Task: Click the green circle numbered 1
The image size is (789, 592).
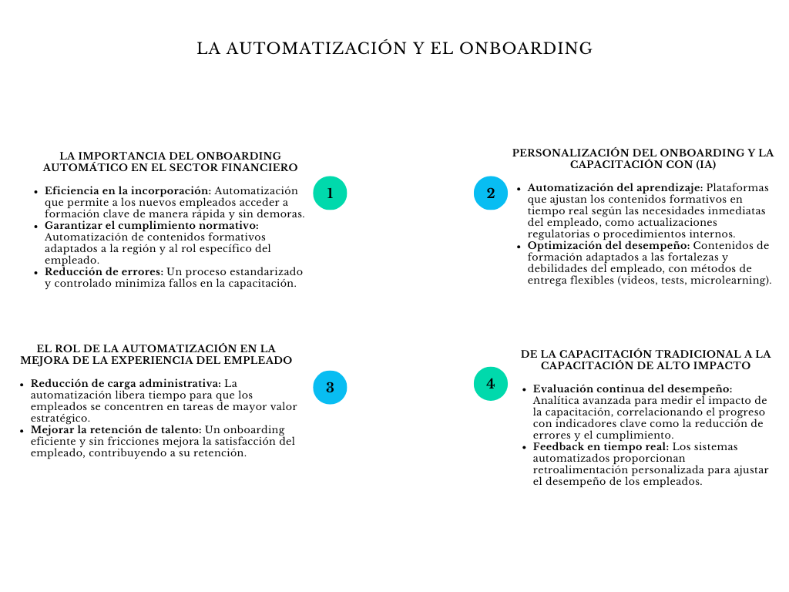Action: coord(330,193)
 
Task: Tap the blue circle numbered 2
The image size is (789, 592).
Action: coord(491,193)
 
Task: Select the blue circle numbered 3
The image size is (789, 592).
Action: coord(330,387)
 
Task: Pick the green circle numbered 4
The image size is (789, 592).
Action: coord(491,383)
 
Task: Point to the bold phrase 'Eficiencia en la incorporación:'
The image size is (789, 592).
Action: coord(127,190)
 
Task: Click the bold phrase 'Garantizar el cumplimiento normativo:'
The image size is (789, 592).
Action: coord(151,225)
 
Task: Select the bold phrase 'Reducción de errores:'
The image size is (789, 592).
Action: coord(104,271)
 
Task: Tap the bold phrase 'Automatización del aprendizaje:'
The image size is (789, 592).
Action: coord(615,187)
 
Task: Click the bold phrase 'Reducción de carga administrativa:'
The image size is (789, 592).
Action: coord(126,383)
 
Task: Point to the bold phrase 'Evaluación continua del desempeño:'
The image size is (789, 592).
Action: coord(633,388)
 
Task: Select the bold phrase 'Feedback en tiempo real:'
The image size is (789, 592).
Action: coord(601,446)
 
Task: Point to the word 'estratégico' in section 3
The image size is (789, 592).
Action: coord(59,418)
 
